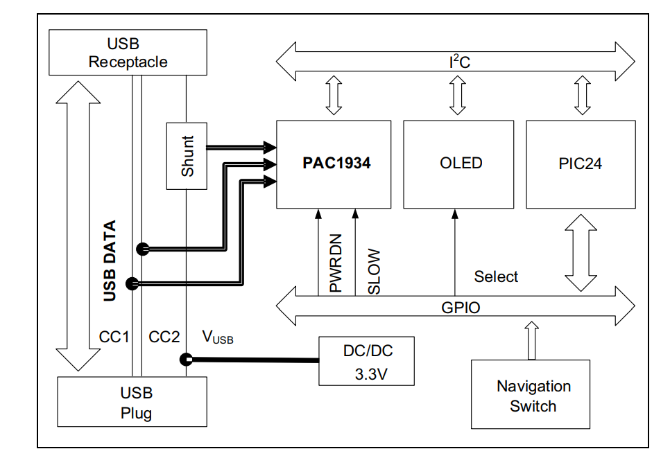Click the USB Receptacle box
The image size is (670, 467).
coord(128,53)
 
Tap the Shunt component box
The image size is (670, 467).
coord(187,156)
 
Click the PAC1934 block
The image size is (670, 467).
coord(334,164)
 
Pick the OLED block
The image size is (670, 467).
coord(458,164)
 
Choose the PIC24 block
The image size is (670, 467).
coord(581,164)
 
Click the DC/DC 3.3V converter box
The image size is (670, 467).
coord(367,361)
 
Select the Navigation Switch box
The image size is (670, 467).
coord(531,394)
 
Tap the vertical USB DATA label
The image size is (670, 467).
coord(110,261)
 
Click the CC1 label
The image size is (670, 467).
coord(114,337)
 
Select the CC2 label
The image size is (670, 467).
coord(164,337)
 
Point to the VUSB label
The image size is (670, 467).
coord(218,338)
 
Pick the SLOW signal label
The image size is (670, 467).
coord(374,271)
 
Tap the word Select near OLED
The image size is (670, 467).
coord(496,277)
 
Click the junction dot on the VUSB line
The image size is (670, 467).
coord(186,360)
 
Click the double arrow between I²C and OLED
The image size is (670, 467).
coord(457,96)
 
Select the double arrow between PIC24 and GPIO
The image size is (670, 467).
coord(581,252)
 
